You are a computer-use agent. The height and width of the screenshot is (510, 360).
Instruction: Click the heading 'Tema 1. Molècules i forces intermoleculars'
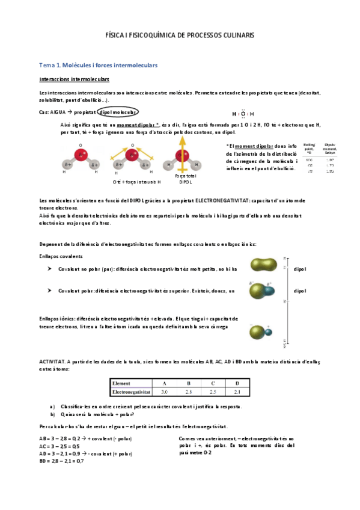(97, 64)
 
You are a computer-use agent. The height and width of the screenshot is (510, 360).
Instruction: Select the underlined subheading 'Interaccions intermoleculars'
(74, 79)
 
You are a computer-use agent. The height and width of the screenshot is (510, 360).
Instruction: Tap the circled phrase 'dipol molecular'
(118, 112)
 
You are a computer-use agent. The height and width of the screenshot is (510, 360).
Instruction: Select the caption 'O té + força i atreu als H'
(137, 181)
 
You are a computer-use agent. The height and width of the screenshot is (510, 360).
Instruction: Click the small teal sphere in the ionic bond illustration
(269, 332)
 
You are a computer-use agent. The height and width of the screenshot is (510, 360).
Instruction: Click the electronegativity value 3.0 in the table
(164, 392)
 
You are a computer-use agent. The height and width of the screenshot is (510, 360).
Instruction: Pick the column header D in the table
(237, 382)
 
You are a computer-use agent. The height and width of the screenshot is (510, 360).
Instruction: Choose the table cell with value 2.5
(213, 392)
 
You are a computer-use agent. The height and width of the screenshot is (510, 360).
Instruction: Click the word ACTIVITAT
(52, 361)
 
